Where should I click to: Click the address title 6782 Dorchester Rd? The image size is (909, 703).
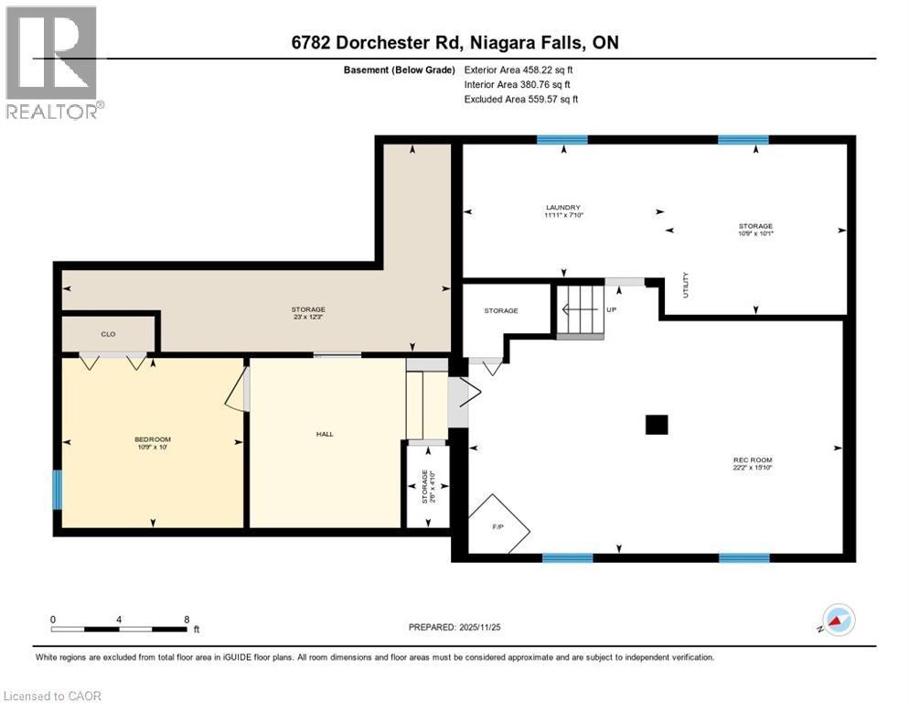tap(454, 43)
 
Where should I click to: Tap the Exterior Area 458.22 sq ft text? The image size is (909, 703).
tap(519, 69)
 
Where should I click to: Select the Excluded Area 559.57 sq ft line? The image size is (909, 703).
tap(520, 99)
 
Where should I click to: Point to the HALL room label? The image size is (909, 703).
tap(325, 434)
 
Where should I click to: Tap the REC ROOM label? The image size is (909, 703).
tap(746, 460)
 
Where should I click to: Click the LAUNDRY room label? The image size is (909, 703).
tap(563, 208)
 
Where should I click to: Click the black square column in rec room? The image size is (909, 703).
tap(657, 425)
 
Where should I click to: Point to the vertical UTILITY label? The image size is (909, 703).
tap(685, 285)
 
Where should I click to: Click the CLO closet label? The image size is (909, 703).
tap(108, 334)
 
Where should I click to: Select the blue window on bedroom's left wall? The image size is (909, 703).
tap(57, 489)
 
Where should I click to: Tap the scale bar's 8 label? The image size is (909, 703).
tap(187, 619)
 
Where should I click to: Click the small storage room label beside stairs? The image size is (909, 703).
tap(501, 310)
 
